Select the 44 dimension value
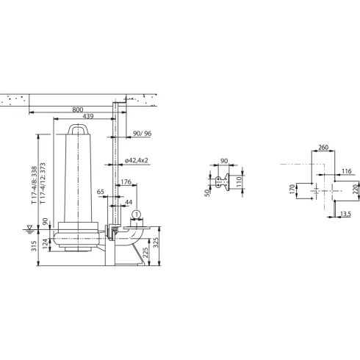[129, 201]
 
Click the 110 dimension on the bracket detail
[240, 181]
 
